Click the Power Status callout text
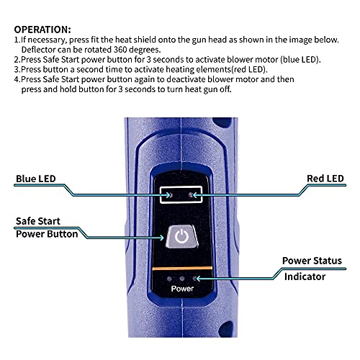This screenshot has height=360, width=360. tap(311, 261)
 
